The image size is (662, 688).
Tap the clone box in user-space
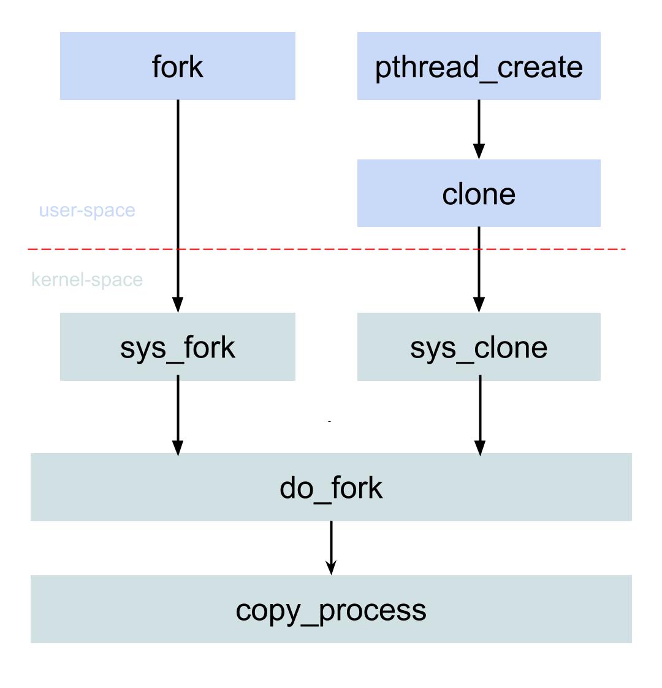(x=479, y=193)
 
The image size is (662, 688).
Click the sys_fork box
(x=178, y=346)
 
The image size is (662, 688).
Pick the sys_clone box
(x=479, y=346)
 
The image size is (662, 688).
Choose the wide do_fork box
(x=331, y=487)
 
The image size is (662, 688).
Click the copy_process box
(x=331, y=609)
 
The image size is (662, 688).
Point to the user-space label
(x=87, y=210)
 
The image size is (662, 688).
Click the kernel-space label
(x=87, y=280)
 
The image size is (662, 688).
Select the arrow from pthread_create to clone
(x=479, y=126)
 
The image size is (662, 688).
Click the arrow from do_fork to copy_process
(x=331, y=543)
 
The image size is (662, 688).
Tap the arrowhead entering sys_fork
(x=178, y=305)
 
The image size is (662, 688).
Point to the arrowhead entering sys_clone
(x=479, y=305)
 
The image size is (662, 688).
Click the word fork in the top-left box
(x=178, y=66)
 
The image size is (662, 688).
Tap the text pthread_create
(x=479, y=66)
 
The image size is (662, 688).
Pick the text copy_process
(x=331, y=610)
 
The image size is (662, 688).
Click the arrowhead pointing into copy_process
(x=331, y=567)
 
